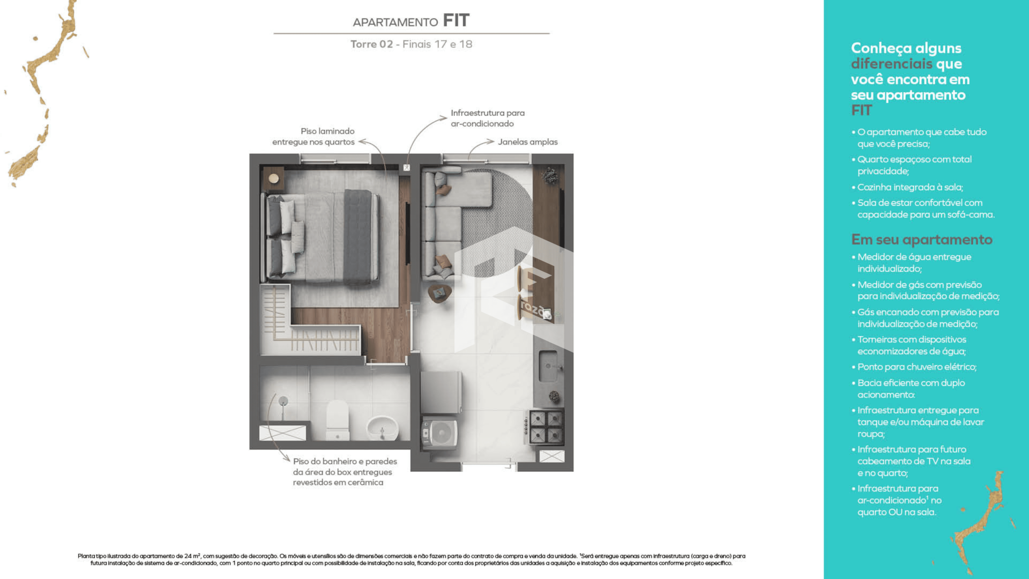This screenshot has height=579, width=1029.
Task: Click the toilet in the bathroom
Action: [338, 419]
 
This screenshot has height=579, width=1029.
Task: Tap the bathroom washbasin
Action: [382, 428]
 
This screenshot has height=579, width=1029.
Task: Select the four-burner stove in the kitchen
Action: [546, 427]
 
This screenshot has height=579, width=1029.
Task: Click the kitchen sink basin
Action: [548, 366]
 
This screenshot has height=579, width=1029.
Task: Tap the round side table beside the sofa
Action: [439, 293]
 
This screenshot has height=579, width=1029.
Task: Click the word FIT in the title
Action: [456, 20]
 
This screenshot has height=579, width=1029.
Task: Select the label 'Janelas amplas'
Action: [527, 142]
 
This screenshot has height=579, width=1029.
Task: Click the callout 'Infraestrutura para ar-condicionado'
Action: [487, 118]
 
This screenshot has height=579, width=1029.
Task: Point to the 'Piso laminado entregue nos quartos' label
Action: [314, 136]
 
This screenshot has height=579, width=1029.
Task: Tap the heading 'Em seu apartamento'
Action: [922, 240]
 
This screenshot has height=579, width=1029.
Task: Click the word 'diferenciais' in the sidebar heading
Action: [892, 64]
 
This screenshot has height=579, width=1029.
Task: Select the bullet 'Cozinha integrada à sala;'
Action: [910, 187]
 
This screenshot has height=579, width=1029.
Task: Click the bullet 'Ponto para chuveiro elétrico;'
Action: [916, 367]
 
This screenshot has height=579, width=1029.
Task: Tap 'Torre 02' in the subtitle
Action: [371, 44]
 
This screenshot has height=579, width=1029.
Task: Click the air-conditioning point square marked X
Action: [407, 168]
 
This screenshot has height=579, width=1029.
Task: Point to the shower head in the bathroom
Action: [284, 401]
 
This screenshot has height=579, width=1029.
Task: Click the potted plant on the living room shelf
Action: [549, 175]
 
